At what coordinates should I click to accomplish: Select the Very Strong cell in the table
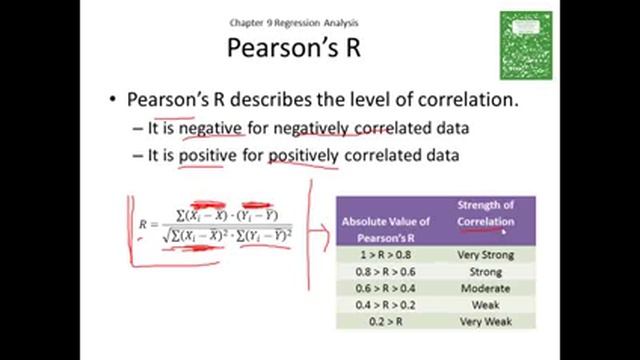[485, 255]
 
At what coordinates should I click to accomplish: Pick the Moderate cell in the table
[485, 287]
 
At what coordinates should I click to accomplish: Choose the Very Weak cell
[485, 320]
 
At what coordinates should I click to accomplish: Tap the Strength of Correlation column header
[485, 213]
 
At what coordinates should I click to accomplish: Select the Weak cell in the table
[485, 304]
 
